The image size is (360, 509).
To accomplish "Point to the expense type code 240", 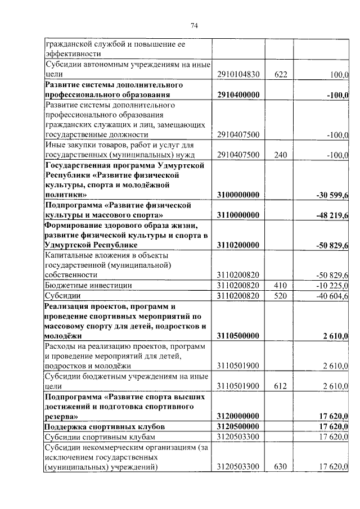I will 279,155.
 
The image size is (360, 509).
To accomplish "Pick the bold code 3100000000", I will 238,195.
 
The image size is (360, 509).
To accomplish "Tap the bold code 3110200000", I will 238,245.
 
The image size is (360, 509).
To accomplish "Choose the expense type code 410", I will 279,286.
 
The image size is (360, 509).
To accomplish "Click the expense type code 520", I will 279,295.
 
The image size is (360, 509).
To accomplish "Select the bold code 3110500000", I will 238,336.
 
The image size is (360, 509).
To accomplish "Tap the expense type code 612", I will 279,386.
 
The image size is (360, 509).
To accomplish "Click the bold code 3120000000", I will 238,416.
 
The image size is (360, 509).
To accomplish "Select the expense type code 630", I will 279,467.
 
